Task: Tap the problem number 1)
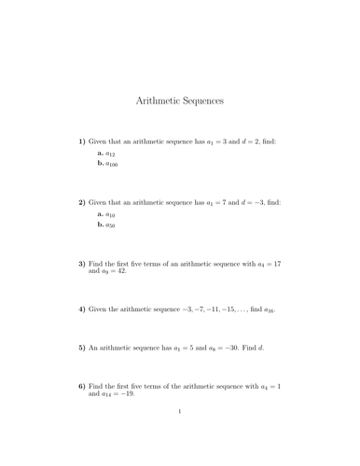point(81,141)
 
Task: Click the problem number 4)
point(81,308)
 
